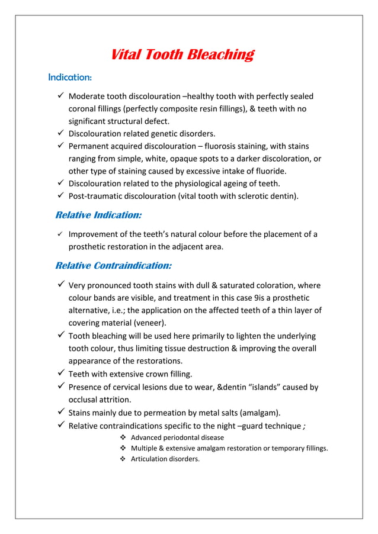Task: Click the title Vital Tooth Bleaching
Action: pyautogui.click(x=182, y=55)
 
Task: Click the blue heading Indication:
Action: pyautogui.click(x=69, y=78)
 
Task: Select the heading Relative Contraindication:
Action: pyautogui.click(x=113, y=265)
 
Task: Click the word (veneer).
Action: pyautogui.click(x=148, y=323)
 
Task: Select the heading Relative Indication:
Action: pyautogui.click(x=98, y=215)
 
